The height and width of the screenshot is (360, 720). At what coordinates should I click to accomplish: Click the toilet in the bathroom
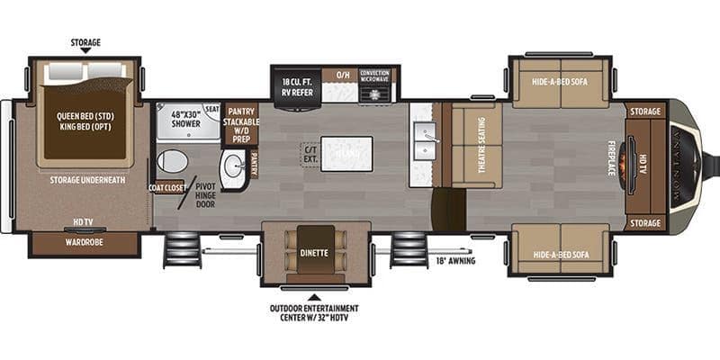point(172,161)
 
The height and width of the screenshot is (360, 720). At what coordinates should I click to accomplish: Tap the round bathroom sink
point(232,166)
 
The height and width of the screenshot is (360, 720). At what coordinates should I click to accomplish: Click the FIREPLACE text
point(612,157)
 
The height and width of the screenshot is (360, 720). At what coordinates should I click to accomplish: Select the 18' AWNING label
point(454,261)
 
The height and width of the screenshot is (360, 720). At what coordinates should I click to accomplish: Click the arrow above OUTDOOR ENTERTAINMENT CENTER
point(315,295)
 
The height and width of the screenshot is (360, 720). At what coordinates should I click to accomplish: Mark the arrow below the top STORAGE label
point(85,52)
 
